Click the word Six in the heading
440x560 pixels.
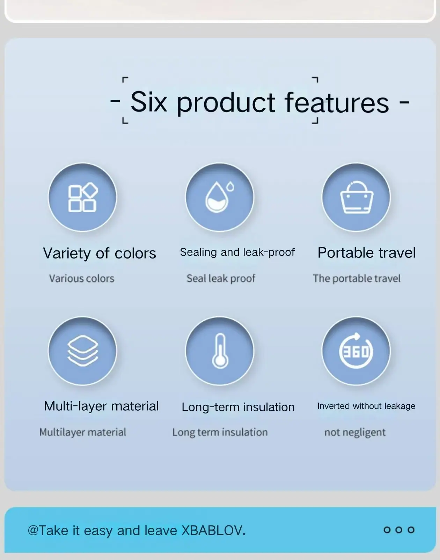point(149,102)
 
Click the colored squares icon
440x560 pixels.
point(83,197)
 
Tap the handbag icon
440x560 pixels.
point(357,197)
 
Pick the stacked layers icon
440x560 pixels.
point(83,351)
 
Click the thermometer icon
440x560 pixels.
point(220,351)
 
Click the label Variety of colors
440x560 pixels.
point(100,254)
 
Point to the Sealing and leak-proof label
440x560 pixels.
point(237,252)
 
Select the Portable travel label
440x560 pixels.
point(366,253)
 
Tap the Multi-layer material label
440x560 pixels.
point(101,406)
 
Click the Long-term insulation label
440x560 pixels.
point(238,407)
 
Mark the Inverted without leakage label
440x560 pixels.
point(366,406)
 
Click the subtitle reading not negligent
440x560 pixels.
point(355,432)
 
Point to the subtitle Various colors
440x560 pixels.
point(82,278)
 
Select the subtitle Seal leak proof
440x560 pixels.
point(221,279)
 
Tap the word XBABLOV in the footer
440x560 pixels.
point(212,530)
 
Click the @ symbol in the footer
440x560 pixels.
point(33,531)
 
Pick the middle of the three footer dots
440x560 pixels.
point(399,530)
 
